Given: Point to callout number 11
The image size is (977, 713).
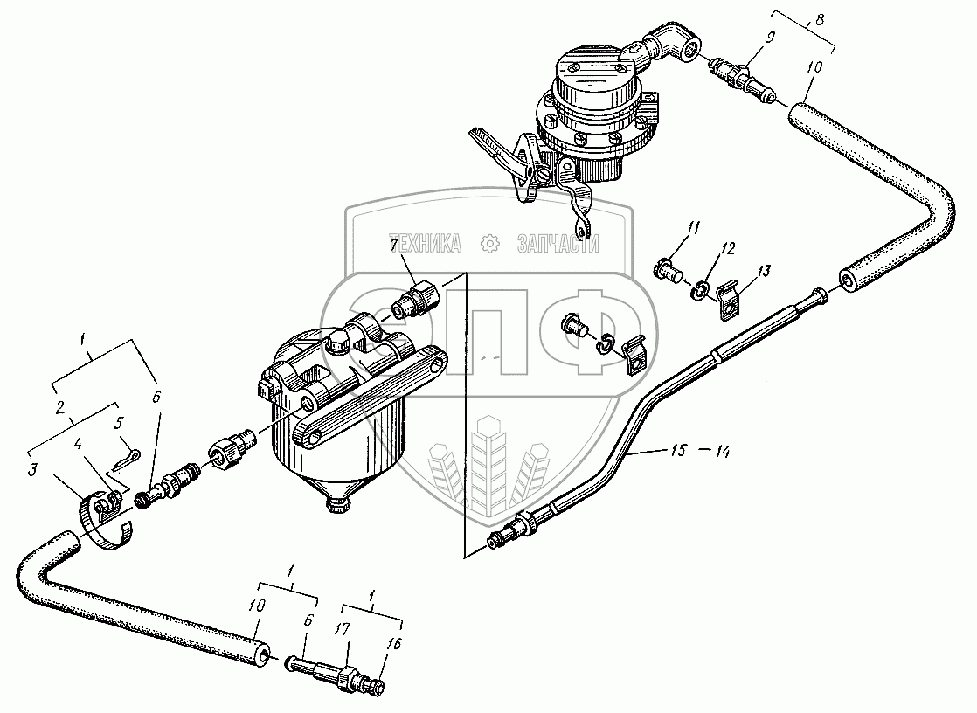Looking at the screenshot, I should [693, 229].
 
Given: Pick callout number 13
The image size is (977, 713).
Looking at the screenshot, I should [764, 272].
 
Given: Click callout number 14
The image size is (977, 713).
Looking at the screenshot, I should [721, 452].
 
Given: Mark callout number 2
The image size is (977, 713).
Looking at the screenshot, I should [59, 407].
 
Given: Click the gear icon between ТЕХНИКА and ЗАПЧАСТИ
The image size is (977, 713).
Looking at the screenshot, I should [490, 244].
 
